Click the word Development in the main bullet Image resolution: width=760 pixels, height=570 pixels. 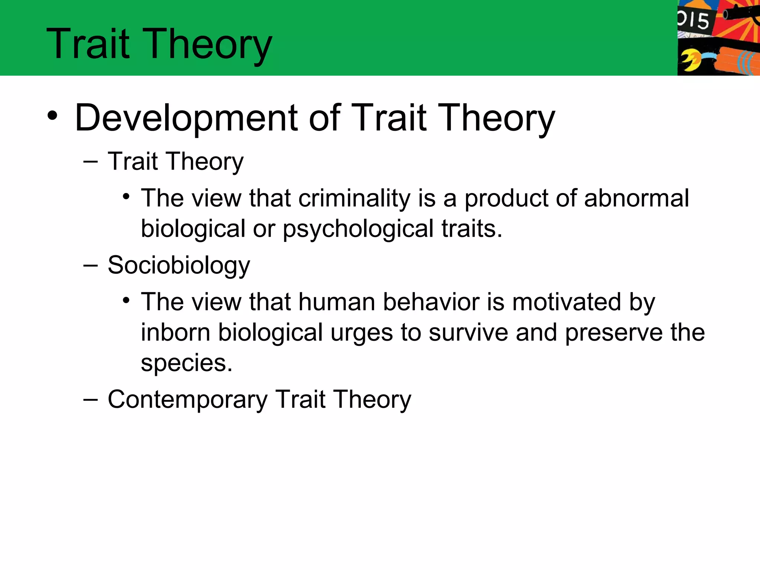(x=186, y=118)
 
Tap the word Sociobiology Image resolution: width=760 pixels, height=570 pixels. (x=179, y=266)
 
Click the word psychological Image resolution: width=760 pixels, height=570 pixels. (x=358, y=229)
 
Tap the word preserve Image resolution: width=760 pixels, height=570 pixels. (x=613, y=333)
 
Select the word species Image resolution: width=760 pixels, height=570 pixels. (x=186, y=363)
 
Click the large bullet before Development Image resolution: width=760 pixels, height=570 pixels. (x=52, y=116)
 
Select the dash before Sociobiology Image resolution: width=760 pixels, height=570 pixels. (x=91, y=266)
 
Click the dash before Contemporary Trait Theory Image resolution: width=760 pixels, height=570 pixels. (x=91, y=400)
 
